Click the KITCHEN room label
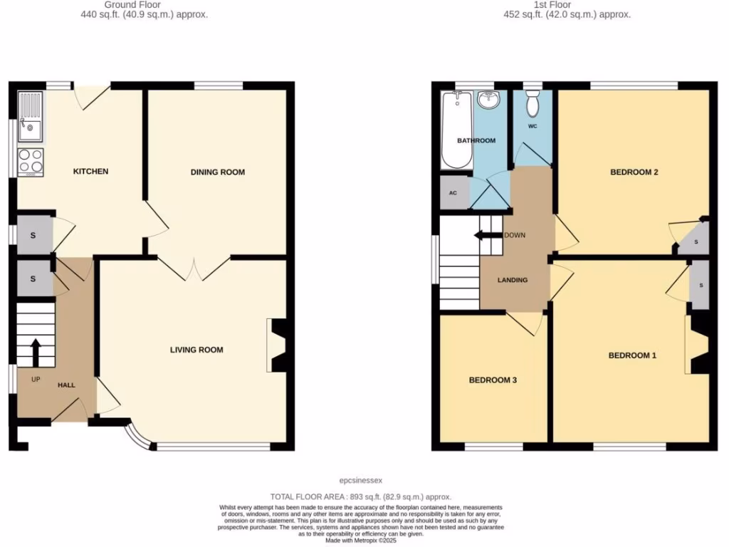[91, 172]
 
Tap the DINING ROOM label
[217, 172]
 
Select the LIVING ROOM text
[196, 350]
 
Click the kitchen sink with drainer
[31, 118]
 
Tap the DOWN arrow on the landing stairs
[488, 236]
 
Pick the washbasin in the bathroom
[488, 100]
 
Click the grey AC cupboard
[453, 193]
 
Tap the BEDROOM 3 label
[492, 380]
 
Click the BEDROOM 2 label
[634, 172]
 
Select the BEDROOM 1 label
[631, 355]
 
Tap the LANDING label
[513, 280]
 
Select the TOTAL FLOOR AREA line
[360, 496]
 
